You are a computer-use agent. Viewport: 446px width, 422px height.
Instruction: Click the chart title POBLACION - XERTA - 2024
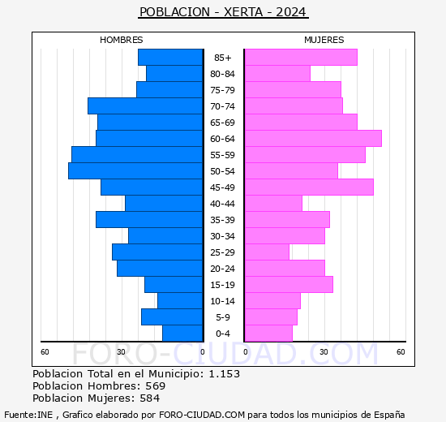[223, 12]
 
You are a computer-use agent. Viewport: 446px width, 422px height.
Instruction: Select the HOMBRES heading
[121, 40]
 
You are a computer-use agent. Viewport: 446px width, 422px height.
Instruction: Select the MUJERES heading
[324, 40]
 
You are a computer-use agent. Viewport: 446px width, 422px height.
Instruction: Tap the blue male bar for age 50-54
[135, 170]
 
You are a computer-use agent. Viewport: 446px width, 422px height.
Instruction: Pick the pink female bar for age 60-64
[312, 138]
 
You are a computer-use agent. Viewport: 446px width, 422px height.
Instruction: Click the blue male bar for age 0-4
[182, 333]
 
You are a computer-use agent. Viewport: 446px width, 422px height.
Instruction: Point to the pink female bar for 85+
[300, 57]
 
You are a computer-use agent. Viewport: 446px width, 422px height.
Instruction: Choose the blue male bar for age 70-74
[145, 105]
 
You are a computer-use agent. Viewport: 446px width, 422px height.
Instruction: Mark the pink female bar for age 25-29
[266, 252]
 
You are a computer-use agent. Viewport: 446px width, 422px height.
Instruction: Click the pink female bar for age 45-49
[308, 187]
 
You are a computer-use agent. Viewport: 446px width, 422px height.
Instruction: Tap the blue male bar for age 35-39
[149, 219]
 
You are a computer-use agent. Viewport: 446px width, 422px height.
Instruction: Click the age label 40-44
[223, 204]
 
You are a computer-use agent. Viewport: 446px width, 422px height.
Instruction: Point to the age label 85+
[223, 58]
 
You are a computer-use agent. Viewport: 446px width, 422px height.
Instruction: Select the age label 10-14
[223, 301]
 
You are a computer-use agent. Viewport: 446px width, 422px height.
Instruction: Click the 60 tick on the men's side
[45, 351]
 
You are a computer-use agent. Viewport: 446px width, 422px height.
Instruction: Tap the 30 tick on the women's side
[323, 351]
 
